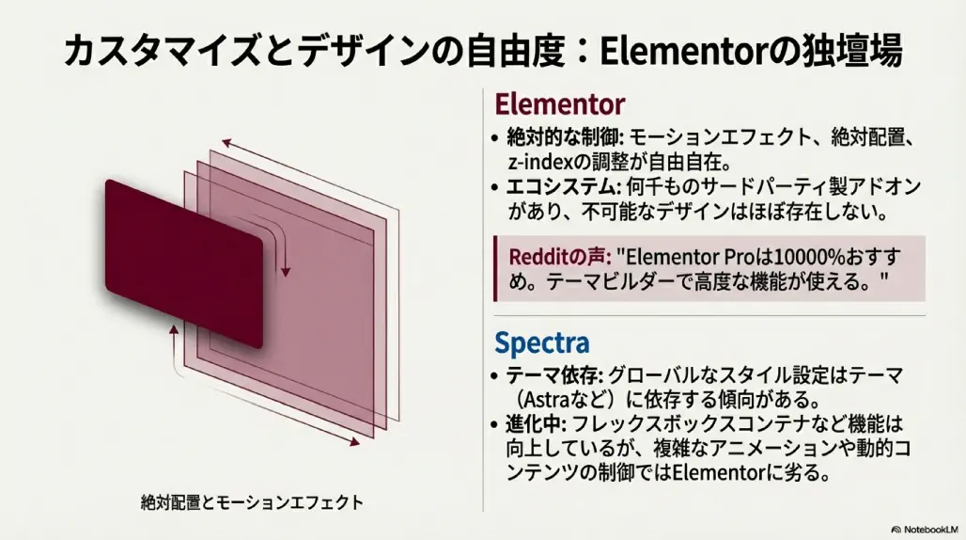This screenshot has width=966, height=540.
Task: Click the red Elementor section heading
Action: pyautogui.click(x=559, y=103)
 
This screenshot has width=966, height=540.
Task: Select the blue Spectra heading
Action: pyautogui.click(x=541, y=341)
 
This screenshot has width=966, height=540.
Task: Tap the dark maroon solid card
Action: pyautogui.click(x=183, y=264)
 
